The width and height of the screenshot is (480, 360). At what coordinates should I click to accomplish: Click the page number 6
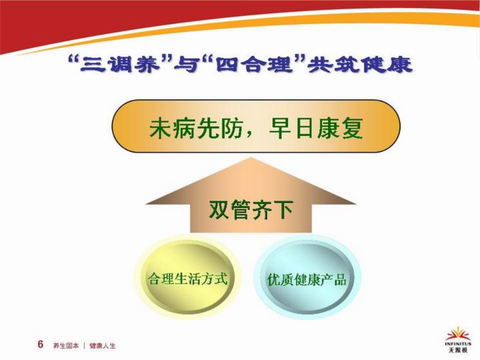point(41,344)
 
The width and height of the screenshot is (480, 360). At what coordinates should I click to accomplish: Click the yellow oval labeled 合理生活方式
point(188,277)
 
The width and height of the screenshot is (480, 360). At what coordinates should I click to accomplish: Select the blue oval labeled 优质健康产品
point(307,277)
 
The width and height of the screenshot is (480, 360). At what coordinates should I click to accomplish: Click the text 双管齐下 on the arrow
point(251,210)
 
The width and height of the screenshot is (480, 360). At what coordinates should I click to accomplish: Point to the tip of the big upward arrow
point(251,158)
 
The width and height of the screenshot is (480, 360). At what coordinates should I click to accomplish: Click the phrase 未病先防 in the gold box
point(195,128)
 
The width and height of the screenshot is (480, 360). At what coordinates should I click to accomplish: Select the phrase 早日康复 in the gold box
point(316,128)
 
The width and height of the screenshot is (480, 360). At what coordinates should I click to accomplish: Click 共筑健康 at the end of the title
point(360,65)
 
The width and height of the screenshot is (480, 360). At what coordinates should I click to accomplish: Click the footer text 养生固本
point(66,346)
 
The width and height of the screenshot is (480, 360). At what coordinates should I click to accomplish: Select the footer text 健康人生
point(102,346)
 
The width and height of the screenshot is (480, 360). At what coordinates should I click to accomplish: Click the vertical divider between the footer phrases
point(84,346)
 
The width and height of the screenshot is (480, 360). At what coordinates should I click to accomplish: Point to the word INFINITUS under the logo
point(458,344)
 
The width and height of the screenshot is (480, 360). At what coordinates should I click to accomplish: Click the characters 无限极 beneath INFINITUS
point(458,350)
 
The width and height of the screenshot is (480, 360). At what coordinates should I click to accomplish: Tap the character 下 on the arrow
point(283,210)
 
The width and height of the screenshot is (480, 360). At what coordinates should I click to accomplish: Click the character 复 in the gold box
point(352,128)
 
